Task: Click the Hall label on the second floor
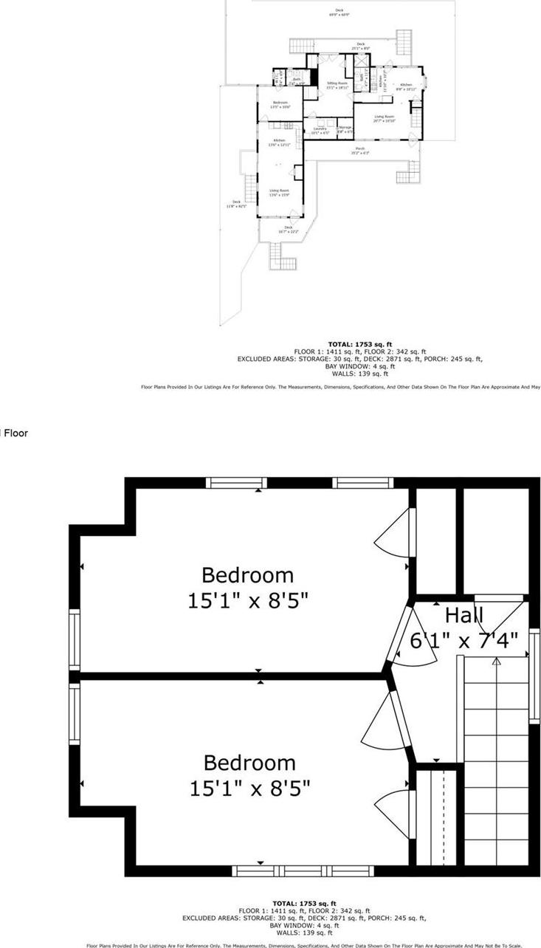pos(464,615)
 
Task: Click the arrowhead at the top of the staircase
pos(497,662)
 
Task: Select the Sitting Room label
pos(337,85)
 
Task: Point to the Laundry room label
pos(319,130)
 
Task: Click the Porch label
pos(361,151)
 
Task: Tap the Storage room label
pos(345,129)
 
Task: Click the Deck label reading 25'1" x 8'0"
pos(361,46)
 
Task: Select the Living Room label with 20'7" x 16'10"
pos(384,118)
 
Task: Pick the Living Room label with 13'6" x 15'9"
pos(279,192)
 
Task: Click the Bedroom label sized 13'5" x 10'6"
pos(280,104)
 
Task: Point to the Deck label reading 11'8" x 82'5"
pos(236,204)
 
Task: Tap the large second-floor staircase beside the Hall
pos(496,760)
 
